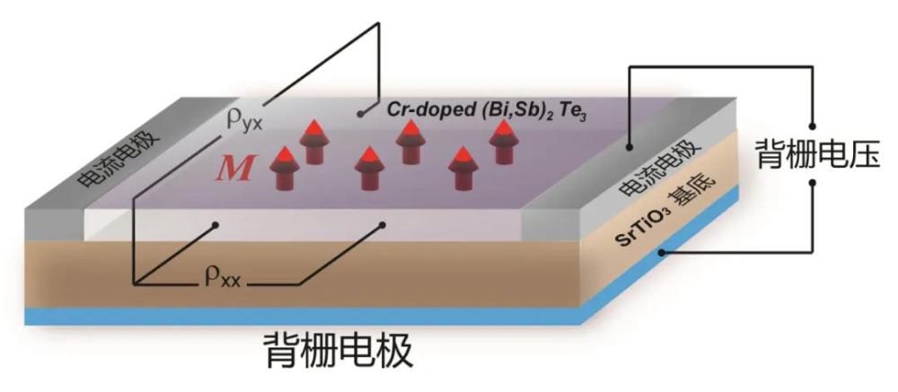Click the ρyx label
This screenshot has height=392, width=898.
pos(243,121)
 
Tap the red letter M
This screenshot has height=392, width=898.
pos(237,170)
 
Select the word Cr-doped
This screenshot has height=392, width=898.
pos(406,110)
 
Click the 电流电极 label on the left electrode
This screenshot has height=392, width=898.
pos(110,158)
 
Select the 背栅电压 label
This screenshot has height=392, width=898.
pos(818,153)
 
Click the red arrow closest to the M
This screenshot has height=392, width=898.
pos(285,168)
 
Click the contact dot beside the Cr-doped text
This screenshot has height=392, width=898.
pos(360,113)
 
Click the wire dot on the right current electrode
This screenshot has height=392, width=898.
pos(629,147)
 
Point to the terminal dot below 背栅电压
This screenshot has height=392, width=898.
pos(812,183)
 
